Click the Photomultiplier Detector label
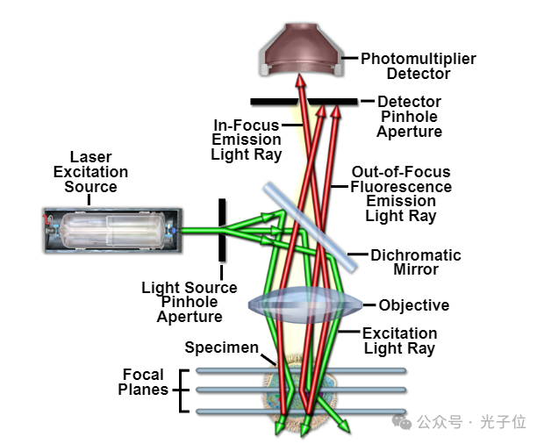418,67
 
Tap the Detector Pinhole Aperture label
409,117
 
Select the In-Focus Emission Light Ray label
247,140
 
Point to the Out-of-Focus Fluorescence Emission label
401,194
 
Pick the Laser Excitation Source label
90,172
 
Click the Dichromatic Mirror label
415,262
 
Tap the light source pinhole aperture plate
222,230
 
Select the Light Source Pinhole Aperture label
190,302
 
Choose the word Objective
413,305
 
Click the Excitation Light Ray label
399,340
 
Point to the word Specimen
222,347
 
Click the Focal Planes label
143,382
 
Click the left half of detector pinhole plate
272,102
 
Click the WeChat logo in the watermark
404,423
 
